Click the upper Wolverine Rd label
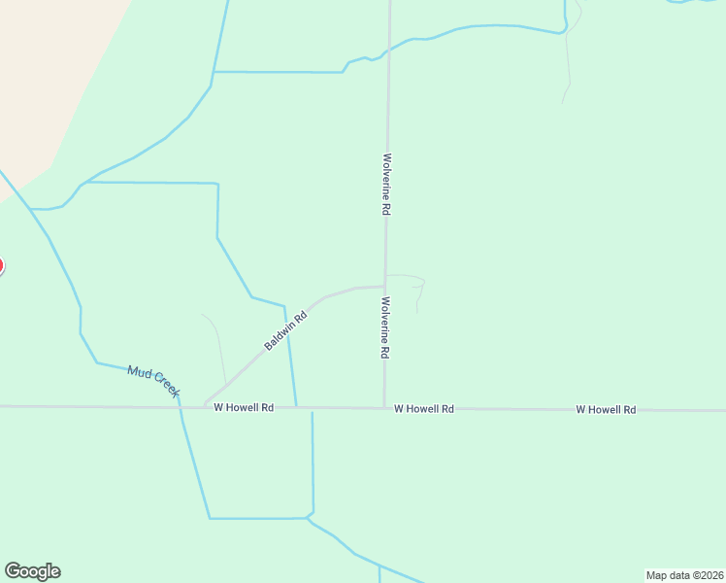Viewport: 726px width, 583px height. pos(386,185)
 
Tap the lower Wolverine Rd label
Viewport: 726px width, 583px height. pos(385,328)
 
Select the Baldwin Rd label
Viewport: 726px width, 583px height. pos(285,330)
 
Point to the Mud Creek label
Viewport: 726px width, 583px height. pos(154,380)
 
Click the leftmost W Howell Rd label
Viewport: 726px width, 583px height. pos(244,408)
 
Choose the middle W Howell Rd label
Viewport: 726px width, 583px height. pos(424,409)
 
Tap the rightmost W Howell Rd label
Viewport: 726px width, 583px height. pos(606,410)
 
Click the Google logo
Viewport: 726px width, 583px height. pos(32,571)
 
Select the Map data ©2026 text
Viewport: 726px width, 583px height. pos(684,575)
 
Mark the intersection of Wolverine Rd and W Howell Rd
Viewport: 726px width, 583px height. pos(384,408)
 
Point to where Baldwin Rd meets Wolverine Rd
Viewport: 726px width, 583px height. pos(385,287)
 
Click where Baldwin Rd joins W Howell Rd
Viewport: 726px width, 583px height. pos(205,406)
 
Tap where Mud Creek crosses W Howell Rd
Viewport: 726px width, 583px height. pos(180,407)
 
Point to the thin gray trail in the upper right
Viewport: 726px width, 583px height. pos(567,68)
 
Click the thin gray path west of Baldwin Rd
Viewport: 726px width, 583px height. pos(219,350)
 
